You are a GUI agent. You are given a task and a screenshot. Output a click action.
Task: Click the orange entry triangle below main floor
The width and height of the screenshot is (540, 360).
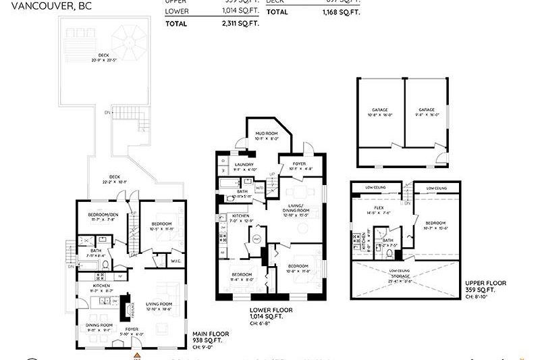pos(137,354)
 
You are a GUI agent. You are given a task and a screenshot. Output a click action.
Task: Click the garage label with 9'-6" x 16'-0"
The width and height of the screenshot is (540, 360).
pos(426,111)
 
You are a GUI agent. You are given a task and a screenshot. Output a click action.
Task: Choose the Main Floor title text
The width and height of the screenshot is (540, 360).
pos(211,334)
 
